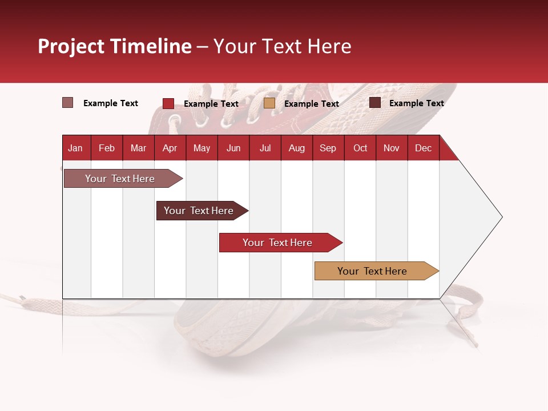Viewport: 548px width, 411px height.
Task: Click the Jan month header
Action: [x=75, y=148]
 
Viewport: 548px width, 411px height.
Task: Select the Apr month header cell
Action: [x=170, y=148]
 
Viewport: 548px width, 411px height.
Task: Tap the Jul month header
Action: [x=265, y=148]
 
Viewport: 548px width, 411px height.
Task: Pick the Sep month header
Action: [x=328, y=148]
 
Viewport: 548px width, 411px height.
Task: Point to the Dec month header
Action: [x=423, y=148]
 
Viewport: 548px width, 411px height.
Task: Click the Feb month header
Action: [x=107, y=148]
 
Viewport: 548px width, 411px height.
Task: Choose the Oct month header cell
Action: [x=360, y=148]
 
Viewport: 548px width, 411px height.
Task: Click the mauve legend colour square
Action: [x=67, y=103]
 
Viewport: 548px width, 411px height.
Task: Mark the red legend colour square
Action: [x=168, y=103]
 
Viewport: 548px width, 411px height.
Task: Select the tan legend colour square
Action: [x=269, y=103]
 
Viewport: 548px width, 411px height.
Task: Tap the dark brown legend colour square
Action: [x=375, y=103]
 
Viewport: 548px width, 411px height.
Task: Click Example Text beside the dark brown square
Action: [x=416, y=103]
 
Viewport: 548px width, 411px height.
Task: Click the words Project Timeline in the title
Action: [x=115, y=46]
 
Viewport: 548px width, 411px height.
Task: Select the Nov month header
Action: [x=392, y=148]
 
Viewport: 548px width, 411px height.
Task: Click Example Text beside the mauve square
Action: [x=111, y=103]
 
